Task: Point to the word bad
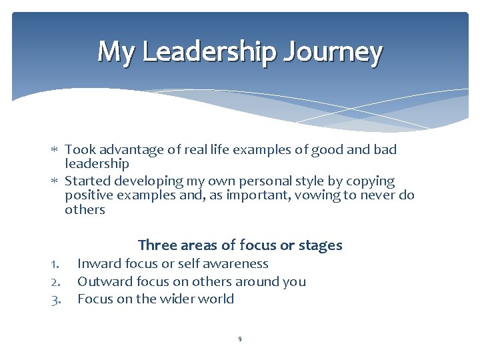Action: tap(384, 149)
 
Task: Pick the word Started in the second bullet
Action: tap(88, 181)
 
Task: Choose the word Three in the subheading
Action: tap(157, 245)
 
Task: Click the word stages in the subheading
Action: tap(319, 245)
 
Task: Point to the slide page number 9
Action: tap(240, 339)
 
